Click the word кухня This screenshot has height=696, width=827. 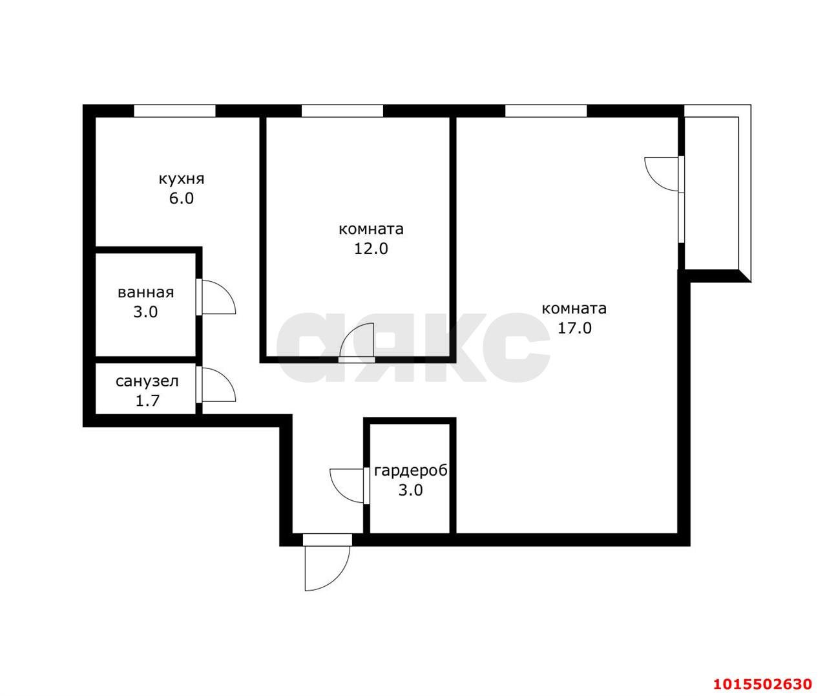point(182,180)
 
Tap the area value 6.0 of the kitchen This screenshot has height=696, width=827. point(182,198)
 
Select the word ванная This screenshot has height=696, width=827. point(146,293)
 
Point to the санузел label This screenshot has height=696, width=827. point(147,381)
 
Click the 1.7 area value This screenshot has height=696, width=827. point(147,401)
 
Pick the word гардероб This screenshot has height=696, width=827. point(411,471)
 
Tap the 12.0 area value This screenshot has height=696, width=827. point(371,249)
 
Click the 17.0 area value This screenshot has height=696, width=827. point(574,328)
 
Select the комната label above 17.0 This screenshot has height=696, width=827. point(574,309)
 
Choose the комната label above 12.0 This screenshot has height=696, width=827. point(371,229)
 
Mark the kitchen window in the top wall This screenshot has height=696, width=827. point(174,111)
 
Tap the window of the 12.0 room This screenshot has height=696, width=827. point(342,111)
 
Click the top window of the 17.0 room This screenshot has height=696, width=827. point(546,111)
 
